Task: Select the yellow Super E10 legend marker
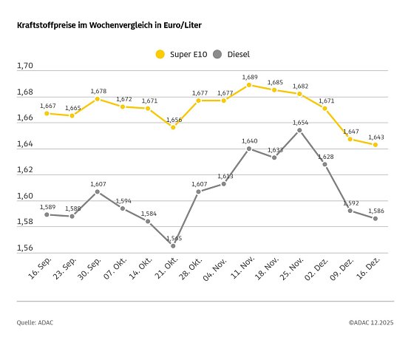pyautogui.click(x=160, y=54)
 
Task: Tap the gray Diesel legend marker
pyautogui.click(x=217, y=54)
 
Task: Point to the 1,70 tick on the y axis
pyautogui.click(x=25, y=67)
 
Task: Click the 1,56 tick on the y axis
pyautogui.click(x=25, y=248)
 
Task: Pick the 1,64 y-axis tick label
pyautogui.click(x=25, y=144)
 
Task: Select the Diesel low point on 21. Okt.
pyautogui.click(x=173, y=245)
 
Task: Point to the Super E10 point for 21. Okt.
pyautogui.click(x=173, y=127)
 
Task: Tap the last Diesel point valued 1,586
pyautogui.click(x=376, y=218)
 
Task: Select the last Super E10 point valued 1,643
pyautogui.click(x=376, y=145)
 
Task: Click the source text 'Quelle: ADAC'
pyautogui.click(x=35, y=322)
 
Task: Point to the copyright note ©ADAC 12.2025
pyautogui.click(x=371, y=322)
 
